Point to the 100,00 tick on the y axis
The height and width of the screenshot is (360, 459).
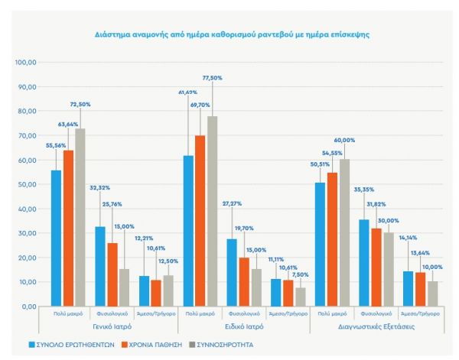[x=27, y=62]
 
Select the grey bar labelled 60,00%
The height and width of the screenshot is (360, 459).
[x=344, y=232]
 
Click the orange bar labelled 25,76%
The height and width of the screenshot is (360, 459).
[x=112, y=274]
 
